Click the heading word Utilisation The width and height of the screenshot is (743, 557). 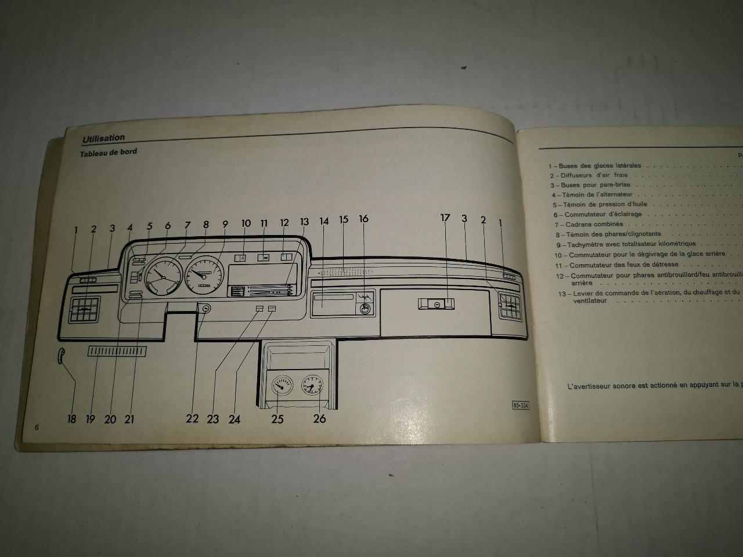pyautogui.click(x=103, y=138)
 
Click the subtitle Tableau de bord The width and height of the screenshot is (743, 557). pyautogui.click(x=109, y=153)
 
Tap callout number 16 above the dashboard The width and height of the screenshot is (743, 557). pyautogui.click(x=363, y=219)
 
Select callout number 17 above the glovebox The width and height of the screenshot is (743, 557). pyautogui.click(x=445, y=218)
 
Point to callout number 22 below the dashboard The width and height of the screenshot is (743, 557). pyautogui.click(x=192, y=419)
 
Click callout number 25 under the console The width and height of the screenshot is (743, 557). pyautogui.click(x=277, y=419)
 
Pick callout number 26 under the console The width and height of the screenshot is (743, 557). pyautogui.click(x=319, y=418)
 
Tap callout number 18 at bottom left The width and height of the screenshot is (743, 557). pyautogui.click(x=72, y=419)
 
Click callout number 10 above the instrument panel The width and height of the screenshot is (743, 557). pyautogui.click(x=246, y=223)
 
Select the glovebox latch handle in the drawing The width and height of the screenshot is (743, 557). pyautogui.click(x=435, y=303)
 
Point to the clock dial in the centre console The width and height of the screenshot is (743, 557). pyautogui.click(x=312, y=385)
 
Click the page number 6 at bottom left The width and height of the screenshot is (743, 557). pyautogui.click(x=37, y=428)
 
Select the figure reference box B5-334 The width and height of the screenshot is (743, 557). pyautogui.click(x=520, y=405)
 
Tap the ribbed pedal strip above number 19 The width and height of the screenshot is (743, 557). pyautogui.click(x=117, y=351)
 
